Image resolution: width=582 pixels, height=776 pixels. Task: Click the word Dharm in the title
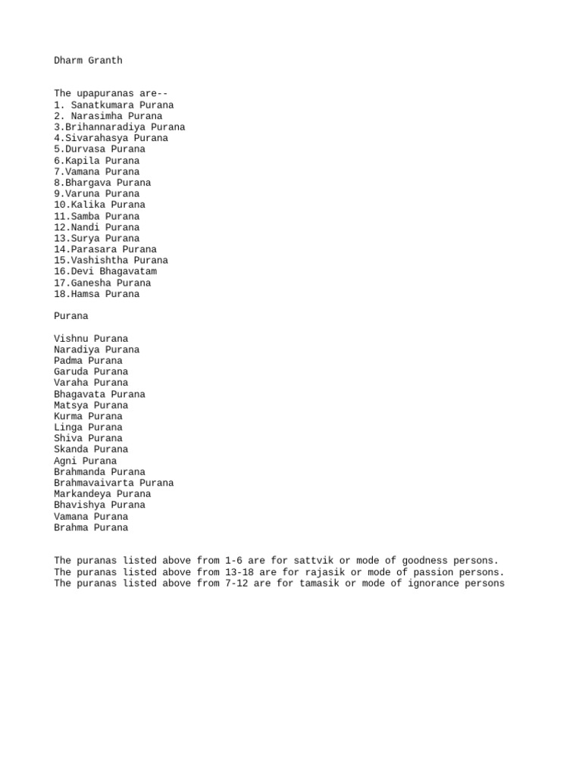(68, 61)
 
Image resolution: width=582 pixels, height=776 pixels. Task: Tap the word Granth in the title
(105, 61)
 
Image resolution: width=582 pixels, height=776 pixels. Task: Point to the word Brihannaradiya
(105, 127)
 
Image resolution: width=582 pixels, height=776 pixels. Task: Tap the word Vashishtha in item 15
(99, 260)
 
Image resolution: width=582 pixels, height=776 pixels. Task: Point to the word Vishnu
(71, 339)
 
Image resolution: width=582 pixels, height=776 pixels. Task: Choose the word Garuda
(71, 372)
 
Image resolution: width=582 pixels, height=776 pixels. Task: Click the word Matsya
(71, 405)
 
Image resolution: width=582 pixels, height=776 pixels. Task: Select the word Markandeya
(83, 494)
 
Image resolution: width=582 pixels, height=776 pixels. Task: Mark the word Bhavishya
(80, 505)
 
